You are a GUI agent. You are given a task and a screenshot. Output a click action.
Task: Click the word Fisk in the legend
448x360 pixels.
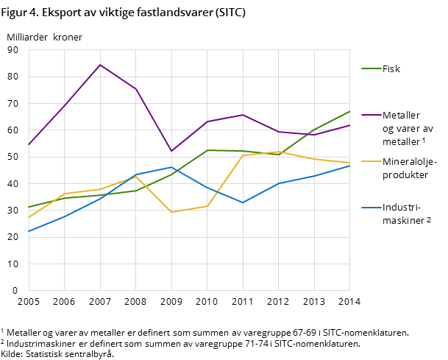[391, 68]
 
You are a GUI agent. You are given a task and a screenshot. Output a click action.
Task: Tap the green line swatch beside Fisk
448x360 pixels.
[370, 68]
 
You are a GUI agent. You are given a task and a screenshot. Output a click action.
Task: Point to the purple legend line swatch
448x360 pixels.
[370, 115]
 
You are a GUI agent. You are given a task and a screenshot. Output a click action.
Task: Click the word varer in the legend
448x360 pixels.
[405, 128]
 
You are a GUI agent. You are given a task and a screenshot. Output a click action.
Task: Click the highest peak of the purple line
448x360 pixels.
[100, 65]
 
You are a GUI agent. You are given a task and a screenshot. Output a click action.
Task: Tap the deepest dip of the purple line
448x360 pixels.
[171, 151]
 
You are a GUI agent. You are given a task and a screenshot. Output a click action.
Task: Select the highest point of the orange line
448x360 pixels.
[279, 152]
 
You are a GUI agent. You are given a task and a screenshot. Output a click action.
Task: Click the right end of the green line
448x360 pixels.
[349, 111]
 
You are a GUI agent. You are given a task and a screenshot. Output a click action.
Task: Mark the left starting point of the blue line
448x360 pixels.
[29, 232]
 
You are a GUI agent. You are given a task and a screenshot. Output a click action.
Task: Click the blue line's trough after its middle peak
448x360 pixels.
[243, 202]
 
